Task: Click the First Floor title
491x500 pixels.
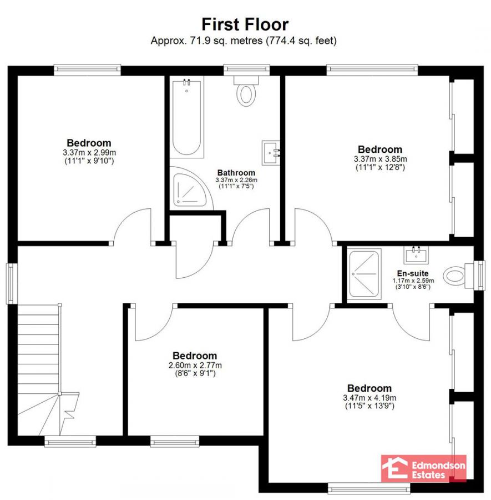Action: point(245,24)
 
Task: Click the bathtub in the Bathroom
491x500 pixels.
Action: point(186,117)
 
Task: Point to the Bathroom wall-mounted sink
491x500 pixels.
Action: point(271,153)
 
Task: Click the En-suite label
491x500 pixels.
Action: point(413,273)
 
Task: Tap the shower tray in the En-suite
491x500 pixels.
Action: point(365,274)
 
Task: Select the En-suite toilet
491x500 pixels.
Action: point(458,276)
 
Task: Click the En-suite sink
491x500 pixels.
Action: point(416,255)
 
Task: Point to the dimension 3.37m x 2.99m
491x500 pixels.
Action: point(89,152)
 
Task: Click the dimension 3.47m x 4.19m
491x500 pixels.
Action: point(369,398)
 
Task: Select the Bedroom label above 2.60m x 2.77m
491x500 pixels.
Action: point(195,356)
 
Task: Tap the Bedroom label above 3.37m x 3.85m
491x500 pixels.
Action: point(380,149)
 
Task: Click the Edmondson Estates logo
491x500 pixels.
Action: point(424,468)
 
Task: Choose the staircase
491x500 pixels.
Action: point(48,370)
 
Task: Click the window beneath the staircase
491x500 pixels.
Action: point(70,442)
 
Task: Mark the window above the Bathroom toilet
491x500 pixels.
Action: point(247,70)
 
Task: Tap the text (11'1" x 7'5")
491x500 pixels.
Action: point(236,186)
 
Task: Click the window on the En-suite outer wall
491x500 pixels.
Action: point(479,276)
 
